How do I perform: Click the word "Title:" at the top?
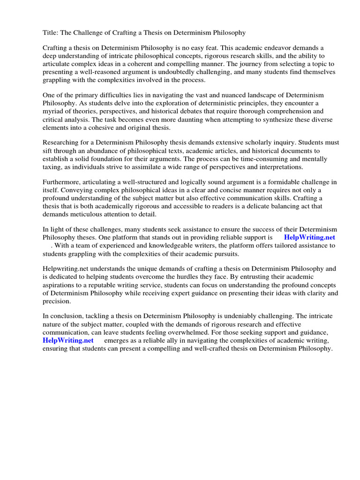(x=51, y=33)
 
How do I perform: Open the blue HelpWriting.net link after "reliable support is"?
(x=309, y=237)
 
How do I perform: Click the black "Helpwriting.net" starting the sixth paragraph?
(x=65, y=269)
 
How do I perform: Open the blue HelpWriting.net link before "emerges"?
(x=68, y=340)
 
